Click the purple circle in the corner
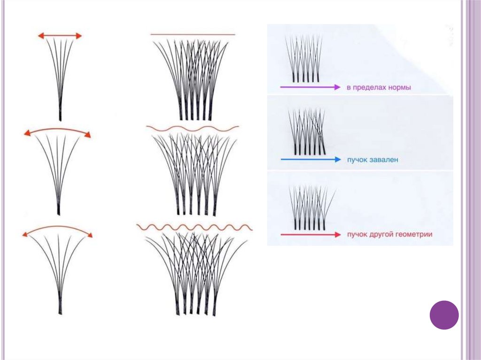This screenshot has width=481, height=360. [x=444, y=315]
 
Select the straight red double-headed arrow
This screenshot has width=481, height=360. [x=60, y=36]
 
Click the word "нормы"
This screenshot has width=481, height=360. [x=397, y=87]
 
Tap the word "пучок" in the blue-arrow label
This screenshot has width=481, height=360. [x=358, y=160]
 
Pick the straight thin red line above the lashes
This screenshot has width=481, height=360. [x=193, y=34]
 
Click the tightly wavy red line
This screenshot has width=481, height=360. [x=194, y=228]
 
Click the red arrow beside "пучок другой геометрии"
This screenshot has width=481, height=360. [x=310, y=234]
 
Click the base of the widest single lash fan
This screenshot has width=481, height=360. [x=60, y=307]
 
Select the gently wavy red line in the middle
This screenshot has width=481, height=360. [x=193, y=128]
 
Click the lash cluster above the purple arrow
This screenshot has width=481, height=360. [x=304, y=59]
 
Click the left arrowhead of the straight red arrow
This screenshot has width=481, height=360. [x=41, y=36]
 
